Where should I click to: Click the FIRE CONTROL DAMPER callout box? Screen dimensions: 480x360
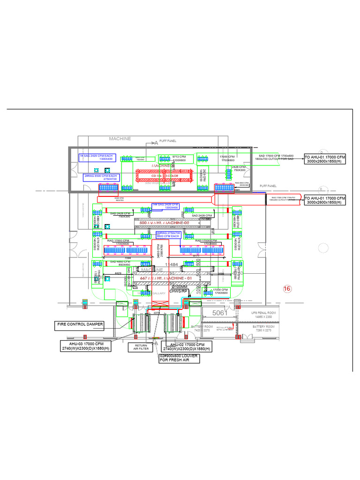point(79,324)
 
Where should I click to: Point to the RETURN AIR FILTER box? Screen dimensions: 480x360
point(141,347)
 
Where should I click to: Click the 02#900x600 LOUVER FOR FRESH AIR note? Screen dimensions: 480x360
point(178,358)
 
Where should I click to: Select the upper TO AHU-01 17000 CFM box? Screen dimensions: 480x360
point(324,159)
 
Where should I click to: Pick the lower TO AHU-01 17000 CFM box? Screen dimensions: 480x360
point(324,200)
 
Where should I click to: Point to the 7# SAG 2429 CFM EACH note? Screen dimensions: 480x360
point(97,157)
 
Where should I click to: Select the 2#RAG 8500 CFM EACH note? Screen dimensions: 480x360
point(100,178)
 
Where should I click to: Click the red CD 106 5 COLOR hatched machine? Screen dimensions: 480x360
point(164,176)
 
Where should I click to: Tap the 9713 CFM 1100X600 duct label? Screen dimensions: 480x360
point(179,158)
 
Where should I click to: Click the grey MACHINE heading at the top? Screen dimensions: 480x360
point(120,139)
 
